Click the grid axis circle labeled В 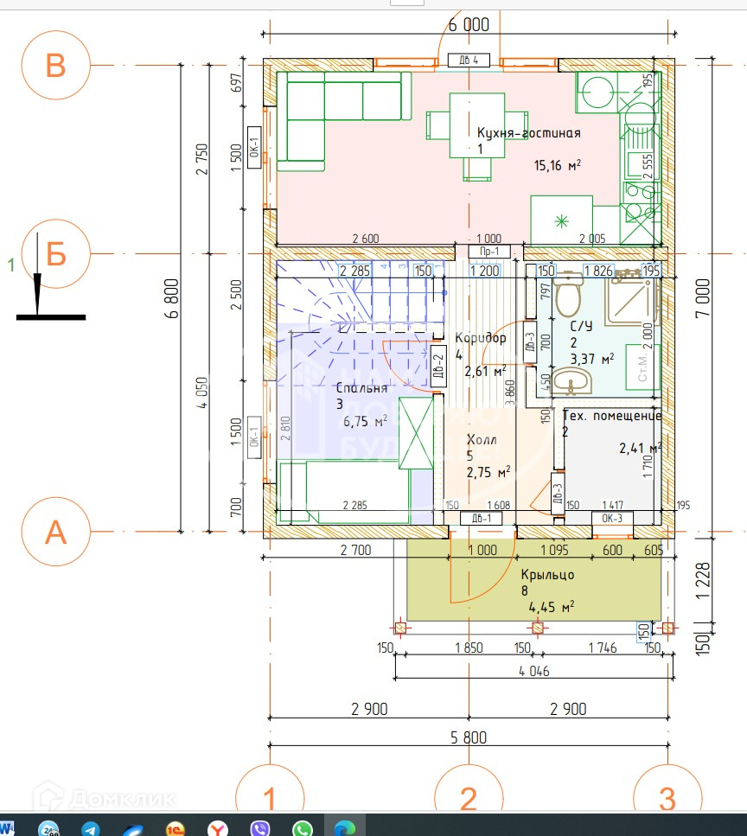[x=55, y=65]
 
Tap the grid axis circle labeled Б [x=55, y=255]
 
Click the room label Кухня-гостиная [x=528, y=133]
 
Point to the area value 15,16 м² [x=556, y=165]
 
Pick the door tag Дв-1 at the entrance [x=481, y=519]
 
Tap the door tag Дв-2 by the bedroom [x=438, y=368]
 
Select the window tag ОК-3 [x=612, y=519]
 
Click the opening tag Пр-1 [x=489, y=252]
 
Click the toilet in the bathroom [x=568, y=295]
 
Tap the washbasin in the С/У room [x=571, y=380]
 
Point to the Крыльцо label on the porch [x=547, y=574]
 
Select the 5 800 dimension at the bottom [x=468, y=737]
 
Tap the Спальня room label [x=361, y=388]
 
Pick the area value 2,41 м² [x=640, y=448]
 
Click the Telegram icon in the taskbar [x=91, y=828]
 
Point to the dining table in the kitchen [x=464, y=126]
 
